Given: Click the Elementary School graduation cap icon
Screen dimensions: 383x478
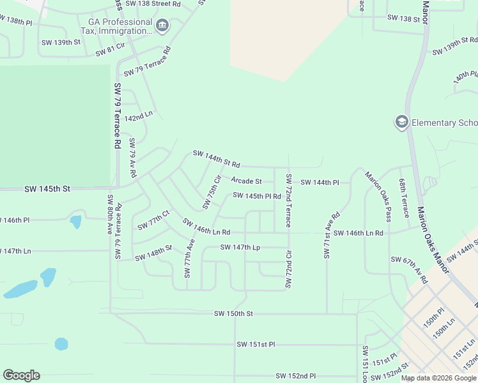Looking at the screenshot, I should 401,123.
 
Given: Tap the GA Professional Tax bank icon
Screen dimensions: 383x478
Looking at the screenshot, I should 162,26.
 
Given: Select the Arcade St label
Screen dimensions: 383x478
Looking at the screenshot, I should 247,181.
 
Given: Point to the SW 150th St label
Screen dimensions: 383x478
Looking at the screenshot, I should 234,313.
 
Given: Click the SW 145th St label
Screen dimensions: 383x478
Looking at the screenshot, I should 47,189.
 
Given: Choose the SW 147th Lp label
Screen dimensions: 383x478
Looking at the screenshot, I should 240,247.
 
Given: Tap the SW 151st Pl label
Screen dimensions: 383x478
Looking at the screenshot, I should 256,344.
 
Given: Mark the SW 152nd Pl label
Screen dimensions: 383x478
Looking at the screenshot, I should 296,376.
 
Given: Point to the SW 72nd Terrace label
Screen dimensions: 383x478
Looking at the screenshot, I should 288,200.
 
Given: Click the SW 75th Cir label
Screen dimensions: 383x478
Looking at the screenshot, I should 211,191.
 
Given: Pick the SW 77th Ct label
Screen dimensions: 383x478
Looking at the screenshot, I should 153,220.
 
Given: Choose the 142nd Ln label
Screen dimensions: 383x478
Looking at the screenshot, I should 139,117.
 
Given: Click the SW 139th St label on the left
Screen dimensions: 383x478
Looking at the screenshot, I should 61,43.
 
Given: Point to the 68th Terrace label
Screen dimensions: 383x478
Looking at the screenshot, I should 404,198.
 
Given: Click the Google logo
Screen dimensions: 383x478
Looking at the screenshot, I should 21,375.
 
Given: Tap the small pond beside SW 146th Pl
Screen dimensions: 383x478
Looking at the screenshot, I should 75,222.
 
